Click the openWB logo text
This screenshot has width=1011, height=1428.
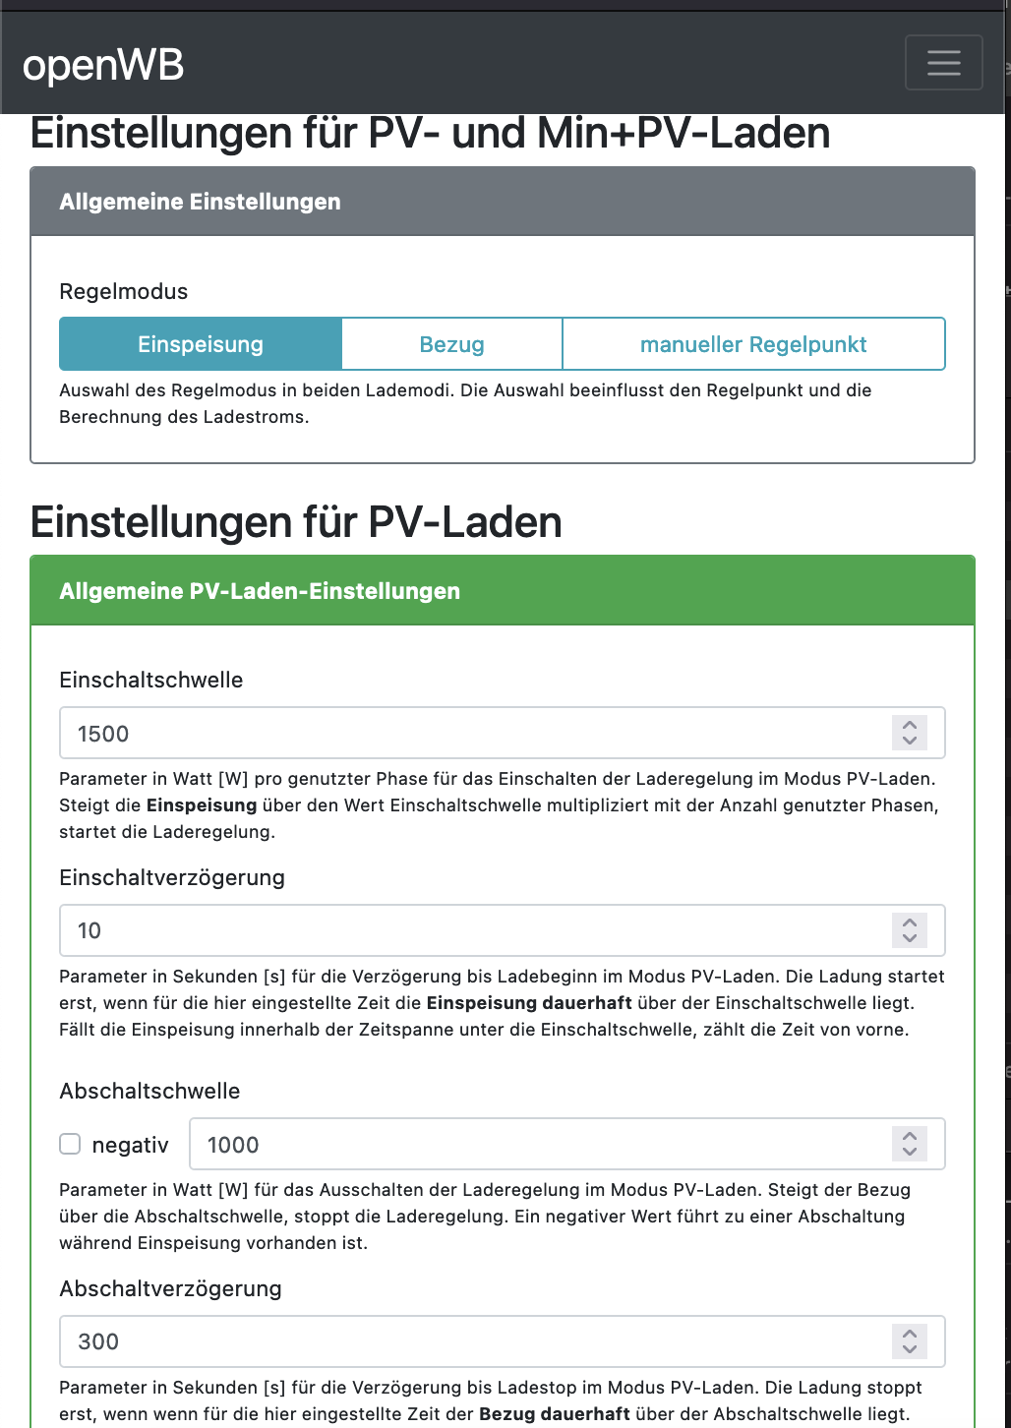[x=103, y=66]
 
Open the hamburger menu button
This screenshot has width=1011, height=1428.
[x=943, y=63]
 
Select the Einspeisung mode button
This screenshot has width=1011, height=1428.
[x=201, y=344]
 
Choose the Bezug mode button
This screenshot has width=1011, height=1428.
[x=451, y=344]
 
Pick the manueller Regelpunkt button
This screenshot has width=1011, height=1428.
[x=753, y=344]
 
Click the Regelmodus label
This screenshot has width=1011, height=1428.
[x=124, y=291]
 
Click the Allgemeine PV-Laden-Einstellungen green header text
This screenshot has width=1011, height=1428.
[x=260, y=591]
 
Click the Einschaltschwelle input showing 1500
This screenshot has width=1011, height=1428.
[x=472, y=734]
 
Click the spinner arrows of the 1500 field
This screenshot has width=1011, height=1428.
[x=910, y=733]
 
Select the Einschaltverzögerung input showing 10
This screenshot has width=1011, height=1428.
[x=472, y=930]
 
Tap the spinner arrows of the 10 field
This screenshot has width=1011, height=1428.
[x=910, y=930]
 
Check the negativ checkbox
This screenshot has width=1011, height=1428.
[x=70, y=1144]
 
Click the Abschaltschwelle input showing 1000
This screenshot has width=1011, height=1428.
[x=541, y=1145]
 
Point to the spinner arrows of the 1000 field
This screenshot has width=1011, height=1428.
[x=910, y=1144]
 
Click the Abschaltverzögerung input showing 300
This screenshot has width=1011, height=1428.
[x=472, y=1341]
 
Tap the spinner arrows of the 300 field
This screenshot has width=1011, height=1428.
[x=910, y=1341]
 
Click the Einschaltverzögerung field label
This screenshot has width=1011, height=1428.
[x=172, y=877]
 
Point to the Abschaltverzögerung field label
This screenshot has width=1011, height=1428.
[x=170, y=1288]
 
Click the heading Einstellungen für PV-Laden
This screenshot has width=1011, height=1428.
[x=296, y=522]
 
